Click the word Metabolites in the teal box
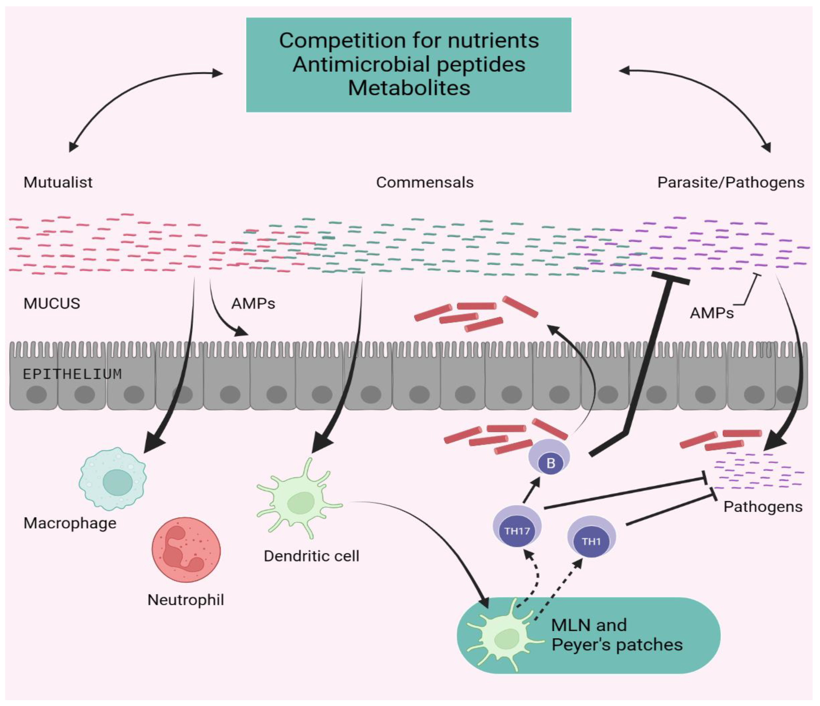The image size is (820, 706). pos(409,88)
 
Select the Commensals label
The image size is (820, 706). pos(425,182)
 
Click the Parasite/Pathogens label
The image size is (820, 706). pos(731,182)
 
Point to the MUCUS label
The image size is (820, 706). pos(52,304)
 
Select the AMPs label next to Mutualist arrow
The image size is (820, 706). pos(253,304)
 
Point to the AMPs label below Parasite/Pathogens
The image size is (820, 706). pos(712,313)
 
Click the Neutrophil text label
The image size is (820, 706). pos(186,600)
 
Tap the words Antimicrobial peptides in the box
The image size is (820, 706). pos(409,64)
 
